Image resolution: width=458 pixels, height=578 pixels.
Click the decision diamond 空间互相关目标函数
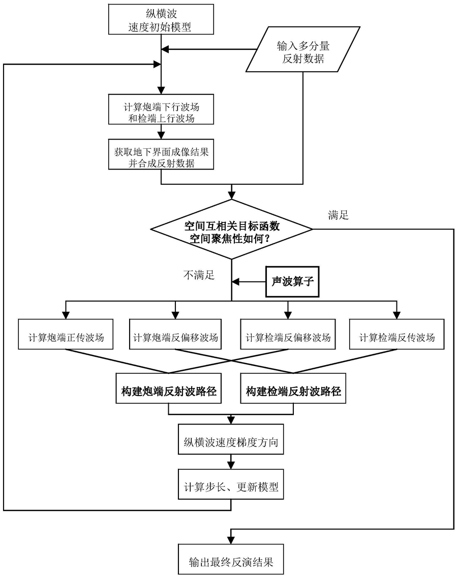pos(232,230)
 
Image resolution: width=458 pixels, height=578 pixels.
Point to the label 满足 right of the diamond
pos(339,215)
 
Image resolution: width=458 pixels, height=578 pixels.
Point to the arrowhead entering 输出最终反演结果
pos(232,541)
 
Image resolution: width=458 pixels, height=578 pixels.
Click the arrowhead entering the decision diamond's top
pos(232,196)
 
